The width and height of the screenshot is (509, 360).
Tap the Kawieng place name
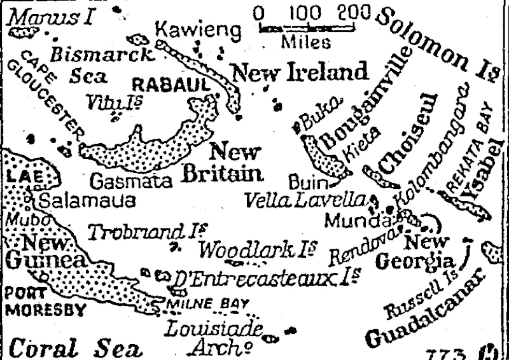point(198,29)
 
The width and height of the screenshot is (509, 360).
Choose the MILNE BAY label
point(206,303)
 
